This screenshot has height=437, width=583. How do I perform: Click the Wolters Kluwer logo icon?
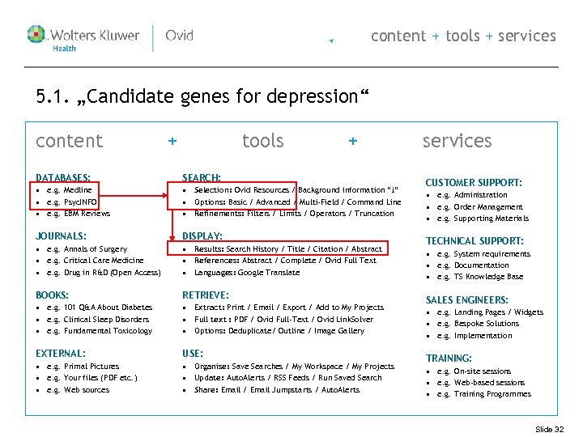coord(37,35)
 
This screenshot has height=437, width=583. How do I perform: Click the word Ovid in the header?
coord(179,36)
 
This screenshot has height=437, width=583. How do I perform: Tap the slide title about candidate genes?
coord(202,97)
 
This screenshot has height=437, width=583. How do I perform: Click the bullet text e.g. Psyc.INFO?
coord(72,202)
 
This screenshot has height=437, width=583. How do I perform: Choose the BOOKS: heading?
coord(53,295)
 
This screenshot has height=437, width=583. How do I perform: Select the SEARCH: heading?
coord(202,177)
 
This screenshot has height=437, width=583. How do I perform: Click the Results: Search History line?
coord(287,249)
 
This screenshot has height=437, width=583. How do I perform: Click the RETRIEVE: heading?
coord(206,295)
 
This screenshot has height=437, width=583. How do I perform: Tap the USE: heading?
coord(193,354)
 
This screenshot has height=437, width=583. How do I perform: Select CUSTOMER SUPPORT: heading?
coord(474,183)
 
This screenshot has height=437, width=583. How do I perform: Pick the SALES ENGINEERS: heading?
coord(467,299)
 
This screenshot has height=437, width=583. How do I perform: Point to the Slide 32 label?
coord(550,429)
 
